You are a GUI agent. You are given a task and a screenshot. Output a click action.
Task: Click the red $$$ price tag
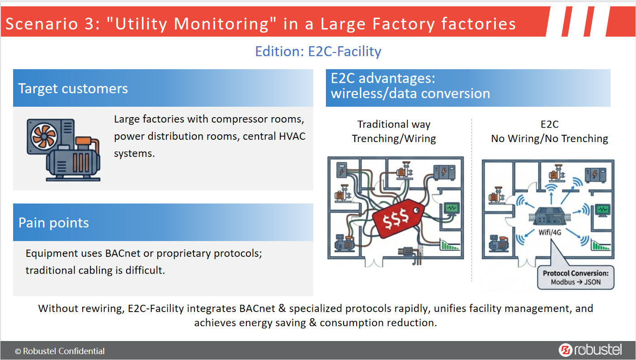coord(398,218)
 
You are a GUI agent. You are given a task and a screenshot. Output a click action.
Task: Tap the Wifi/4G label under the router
coord(550,232)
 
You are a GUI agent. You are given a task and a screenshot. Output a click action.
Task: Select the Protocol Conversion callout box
coord(575,278)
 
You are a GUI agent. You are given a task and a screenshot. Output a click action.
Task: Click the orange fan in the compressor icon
coord(44,137)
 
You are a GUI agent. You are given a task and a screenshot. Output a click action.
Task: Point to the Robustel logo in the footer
coord(590,350)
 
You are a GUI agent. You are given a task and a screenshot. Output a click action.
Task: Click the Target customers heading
coord(73,88)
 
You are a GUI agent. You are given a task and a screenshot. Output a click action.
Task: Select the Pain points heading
coord(54,223)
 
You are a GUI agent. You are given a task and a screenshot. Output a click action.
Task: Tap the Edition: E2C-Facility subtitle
coord(318,52)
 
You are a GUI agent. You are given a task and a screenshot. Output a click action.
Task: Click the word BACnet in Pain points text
coord(122,253)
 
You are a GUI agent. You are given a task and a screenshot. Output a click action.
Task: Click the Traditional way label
coord(394,124)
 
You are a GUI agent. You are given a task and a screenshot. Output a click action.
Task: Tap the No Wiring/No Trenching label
coord(550,138)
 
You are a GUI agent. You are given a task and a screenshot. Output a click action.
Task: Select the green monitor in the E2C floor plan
coord(603,210)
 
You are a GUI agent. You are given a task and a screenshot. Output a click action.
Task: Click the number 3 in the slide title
coord(89,24)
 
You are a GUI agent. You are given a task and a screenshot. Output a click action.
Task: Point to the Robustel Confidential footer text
coord(60,351)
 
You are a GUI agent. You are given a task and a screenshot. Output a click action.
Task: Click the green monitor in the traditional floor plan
coord(451,209)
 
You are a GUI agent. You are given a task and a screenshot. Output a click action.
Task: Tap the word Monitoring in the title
coord(221,24)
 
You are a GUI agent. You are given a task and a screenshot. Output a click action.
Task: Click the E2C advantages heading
coord(410,86)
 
